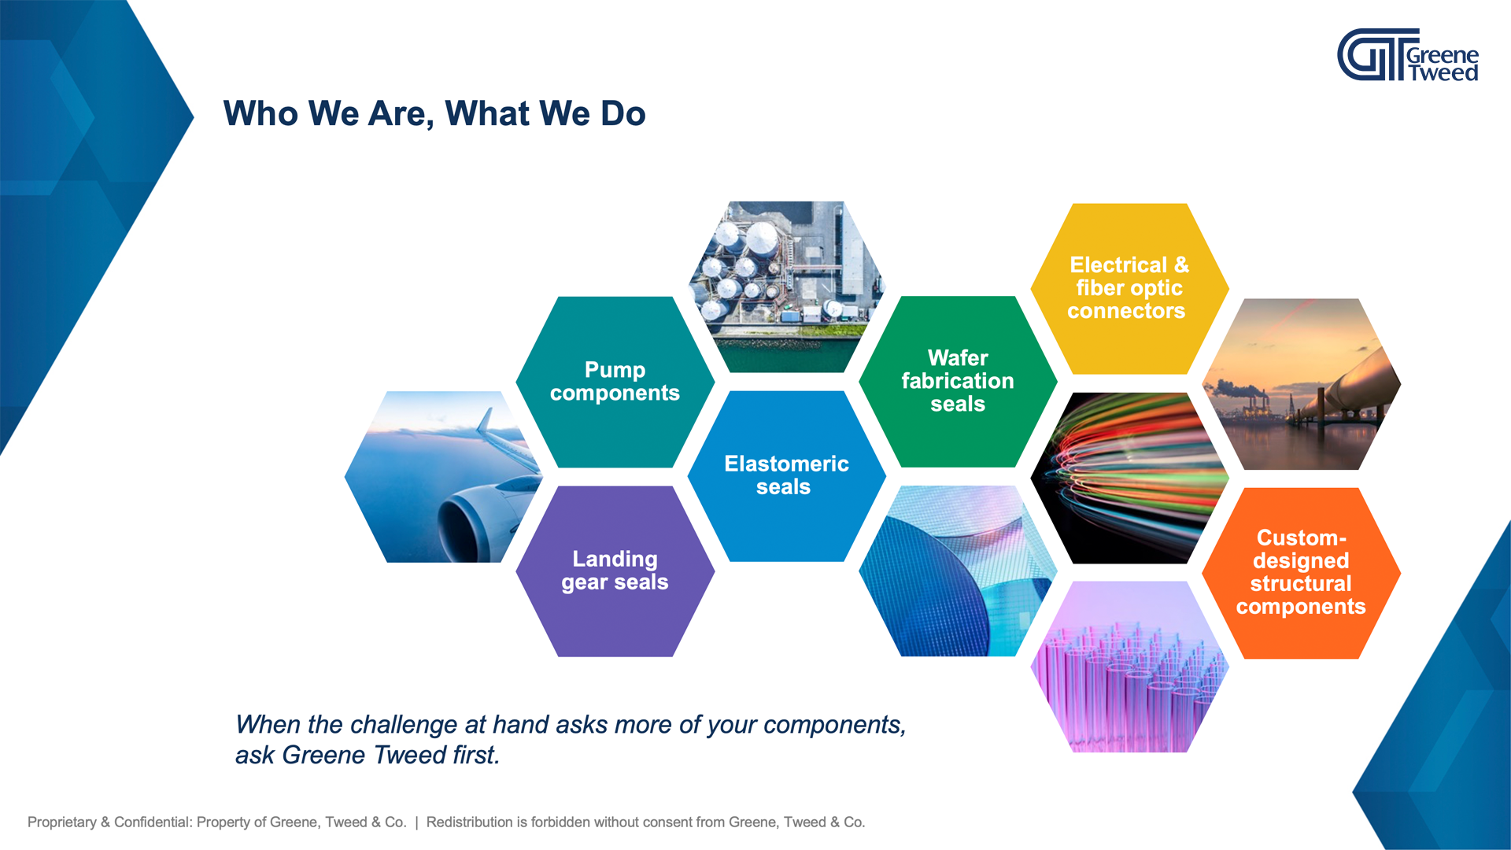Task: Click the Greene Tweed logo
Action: pos(1407,55)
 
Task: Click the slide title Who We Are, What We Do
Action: pos(434,113)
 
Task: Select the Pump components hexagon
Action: pos(615,382)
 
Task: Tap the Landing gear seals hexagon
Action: pos(615,571)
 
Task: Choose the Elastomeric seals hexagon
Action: pos(786,475)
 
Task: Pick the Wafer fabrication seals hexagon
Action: pos(958,381)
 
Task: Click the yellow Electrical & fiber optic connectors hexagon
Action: pos(1129,288)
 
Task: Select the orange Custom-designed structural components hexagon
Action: pos(1301,572)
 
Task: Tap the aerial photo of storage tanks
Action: pos(786,286)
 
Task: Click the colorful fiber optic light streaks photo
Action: pos(1129,478)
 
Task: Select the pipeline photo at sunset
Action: pos(1301,384)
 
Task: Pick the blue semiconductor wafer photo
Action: pos(958,571)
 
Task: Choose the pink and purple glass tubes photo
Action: pos(1129,667)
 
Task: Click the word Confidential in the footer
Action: pos(153,822)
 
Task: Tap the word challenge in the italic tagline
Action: pos(403,725)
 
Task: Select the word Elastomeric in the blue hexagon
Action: pos(786,464)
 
